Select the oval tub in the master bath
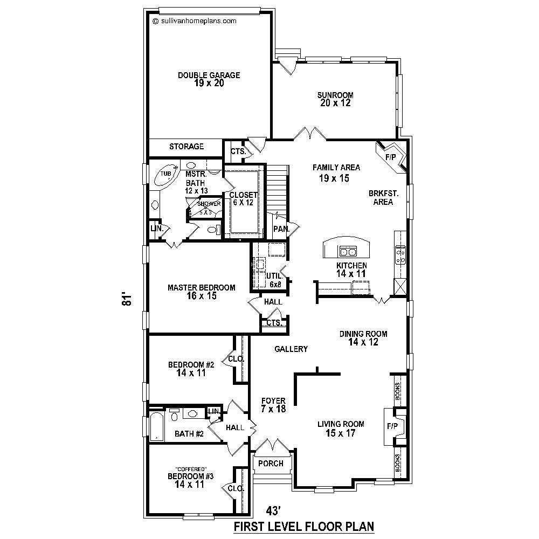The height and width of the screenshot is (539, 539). pyautogui.click(x=165, y=174)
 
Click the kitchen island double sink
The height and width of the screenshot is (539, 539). pyautogui.click(x=348, y=251)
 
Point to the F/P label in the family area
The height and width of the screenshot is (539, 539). pyautogui.click(x=391, y=157)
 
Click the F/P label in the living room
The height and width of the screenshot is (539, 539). pyautogui.click(x=392, y=426)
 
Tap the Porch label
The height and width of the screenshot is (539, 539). pyautogui.click(x=271, y=464)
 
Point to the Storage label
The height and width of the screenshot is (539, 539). pyautogui.click(x=186, y=147)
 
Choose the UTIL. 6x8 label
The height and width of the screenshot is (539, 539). pyautogui.click(x=274, y=280)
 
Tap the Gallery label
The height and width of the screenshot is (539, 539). pyautogui.click(x=291, y=349)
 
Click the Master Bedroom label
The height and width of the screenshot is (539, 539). pyautogui.click(x=201, y=292)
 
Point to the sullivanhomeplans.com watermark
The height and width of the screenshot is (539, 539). pyautogui.click(x=195, y=21)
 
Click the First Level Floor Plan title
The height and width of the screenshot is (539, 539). pyautogui.click(x=303, y=526)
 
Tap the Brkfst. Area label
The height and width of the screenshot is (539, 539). pyautogui.click(x=383, y=197)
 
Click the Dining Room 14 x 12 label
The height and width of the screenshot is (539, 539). pyautogui.click(x=363, y=337)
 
